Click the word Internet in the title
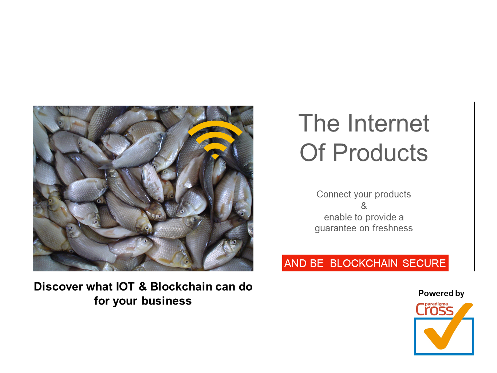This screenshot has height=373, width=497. click(388, 123)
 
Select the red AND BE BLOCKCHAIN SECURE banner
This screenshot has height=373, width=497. click(365, 263)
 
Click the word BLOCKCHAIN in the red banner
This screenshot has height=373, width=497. click(364, 263)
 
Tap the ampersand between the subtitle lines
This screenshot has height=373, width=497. click(364, 206)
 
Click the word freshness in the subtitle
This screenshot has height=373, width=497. click(393, 228)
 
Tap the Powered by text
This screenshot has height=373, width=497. click(441, 293)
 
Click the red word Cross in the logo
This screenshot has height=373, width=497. click(434, 310)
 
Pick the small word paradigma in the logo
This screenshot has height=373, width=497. click(436, 305)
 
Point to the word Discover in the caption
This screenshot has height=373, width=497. click(58, 286)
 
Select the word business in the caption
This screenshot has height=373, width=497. click(166, 301)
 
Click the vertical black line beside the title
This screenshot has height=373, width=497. click(474, 186)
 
